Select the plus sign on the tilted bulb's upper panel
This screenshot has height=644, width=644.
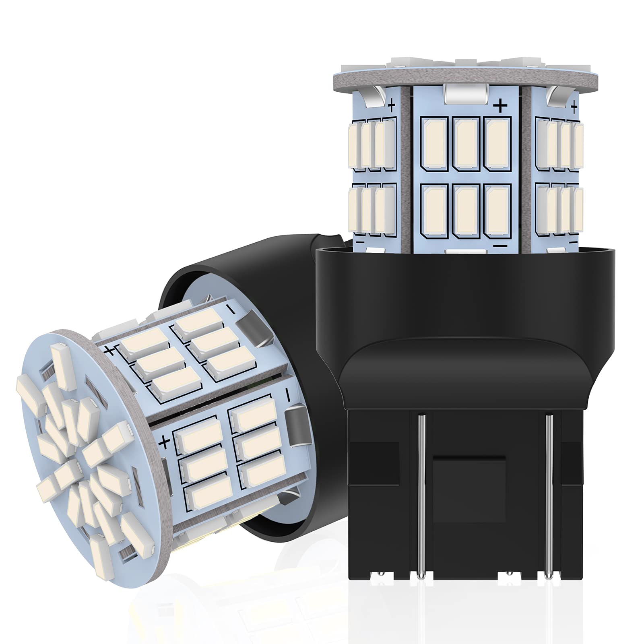(x=110, y=349)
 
